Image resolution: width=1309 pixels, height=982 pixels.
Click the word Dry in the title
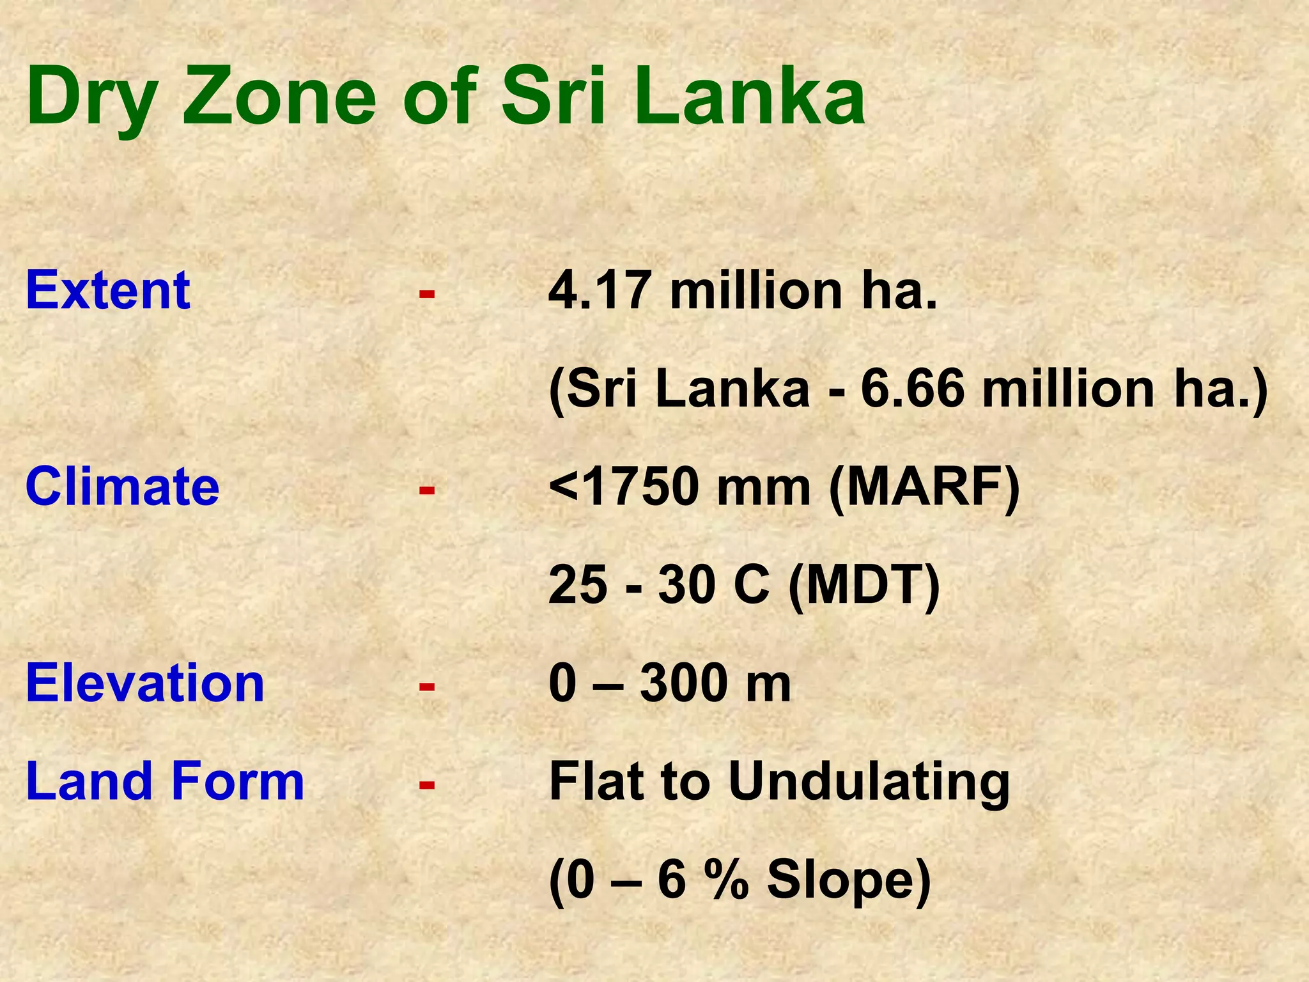point(91,99)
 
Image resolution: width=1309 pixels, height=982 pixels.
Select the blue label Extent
point(108,290)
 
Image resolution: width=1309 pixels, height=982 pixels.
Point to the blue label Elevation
point(145,683)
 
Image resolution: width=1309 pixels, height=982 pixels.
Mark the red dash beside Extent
point(427,294)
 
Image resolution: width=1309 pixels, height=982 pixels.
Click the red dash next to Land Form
point(427,784)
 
